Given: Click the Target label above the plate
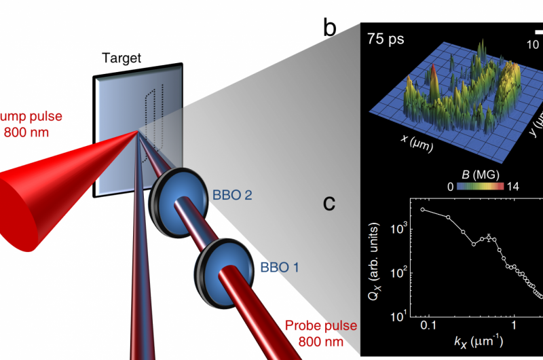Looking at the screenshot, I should [122, 58].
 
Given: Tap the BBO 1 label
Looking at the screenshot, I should [280, 267].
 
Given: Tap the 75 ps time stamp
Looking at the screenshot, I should [386, 39].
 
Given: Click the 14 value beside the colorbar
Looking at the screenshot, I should [511, 187].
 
